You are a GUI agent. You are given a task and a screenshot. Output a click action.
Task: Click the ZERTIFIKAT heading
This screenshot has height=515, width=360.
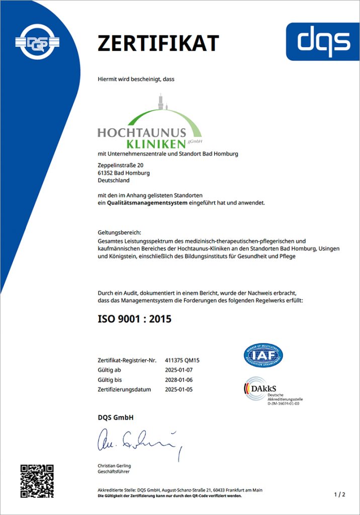tap(158, 43)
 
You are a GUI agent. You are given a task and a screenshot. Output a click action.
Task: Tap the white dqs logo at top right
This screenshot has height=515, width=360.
tap(323, 41)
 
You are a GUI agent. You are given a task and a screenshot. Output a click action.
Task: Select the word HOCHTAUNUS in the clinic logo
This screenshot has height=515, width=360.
tap(142, 133)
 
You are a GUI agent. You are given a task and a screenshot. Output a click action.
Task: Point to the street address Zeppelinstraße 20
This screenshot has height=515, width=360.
tap(121, 165)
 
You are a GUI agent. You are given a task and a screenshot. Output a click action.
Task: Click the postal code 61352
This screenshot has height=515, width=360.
tap(106, 173)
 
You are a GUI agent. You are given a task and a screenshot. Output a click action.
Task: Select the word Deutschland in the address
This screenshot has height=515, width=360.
tap(114, 180)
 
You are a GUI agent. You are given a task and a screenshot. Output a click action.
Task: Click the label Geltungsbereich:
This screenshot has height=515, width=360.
tap(120, 232)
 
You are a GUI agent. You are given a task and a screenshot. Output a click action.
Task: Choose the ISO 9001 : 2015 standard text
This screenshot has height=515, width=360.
tap(134, 318)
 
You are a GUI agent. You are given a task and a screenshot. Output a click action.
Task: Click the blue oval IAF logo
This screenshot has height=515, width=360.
tap(263, 356)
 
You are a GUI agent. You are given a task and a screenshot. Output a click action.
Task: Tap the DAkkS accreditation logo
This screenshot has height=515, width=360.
tap(272, 390)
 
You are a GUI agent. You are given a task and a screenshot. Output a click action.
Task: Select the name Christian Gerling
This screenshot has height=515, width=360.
tap(114, 466)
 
